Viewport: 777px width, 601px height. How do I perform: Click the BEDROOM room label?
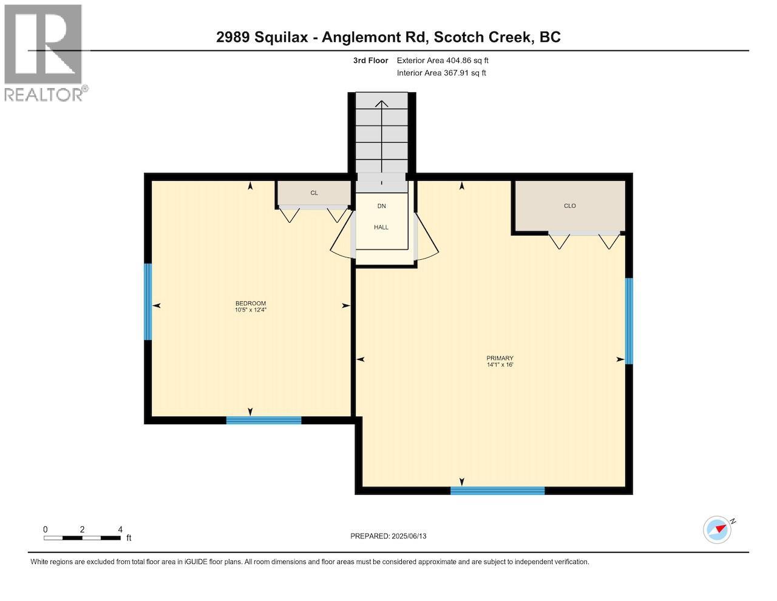click(250, 304)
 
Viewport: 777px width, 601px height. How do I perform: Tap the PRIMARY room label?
click(500, 358)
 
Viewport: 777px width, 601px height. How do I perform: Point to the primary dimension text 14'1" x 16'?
click(500, 365)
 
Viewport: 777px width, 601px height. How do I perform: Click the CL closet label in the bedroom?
click(314, 193)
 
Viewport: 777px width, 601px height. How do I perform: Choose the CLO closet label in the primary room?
click(569, 206)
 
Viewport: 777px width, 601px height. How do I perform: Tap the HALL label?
click(381, 227)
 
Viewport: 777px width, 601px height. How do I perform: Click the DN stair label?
click(381, 206)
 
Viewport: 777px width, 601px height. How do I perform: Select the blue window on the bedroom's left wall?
click(148, 302)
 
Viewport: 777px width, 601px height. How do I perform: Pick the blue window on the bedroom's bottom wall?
click(263, 420)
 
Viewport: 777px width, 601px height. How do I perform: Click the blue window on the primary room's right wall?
click(629, 321)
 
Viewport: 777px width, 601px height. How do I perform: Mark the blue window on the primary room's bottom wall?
click(497, 491)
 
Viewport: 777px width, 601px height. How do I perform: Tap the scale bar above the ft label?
click(82, 538)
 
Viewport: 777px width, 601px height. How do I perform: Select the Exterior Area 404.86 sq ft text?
click(442, 61)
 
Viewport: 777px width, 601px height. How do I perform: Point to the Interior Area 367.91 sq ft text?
click(441, 73)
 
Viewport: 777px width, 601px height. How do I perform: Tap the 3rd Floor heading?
click(370, 61)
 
